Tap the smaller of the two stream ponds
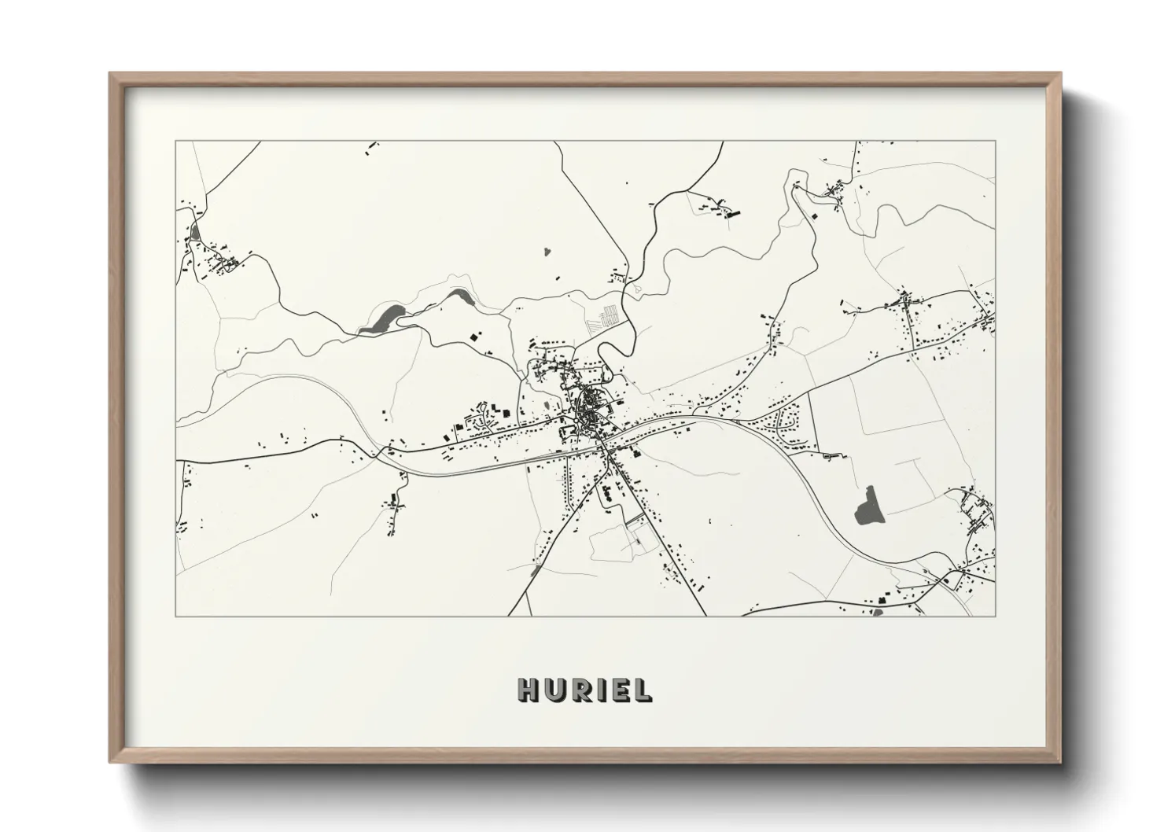(459, 296)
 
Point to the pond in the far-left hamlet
(194, 231)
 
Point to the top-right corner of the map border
(995, 142)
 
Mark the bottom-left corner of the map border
(176, 616)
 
